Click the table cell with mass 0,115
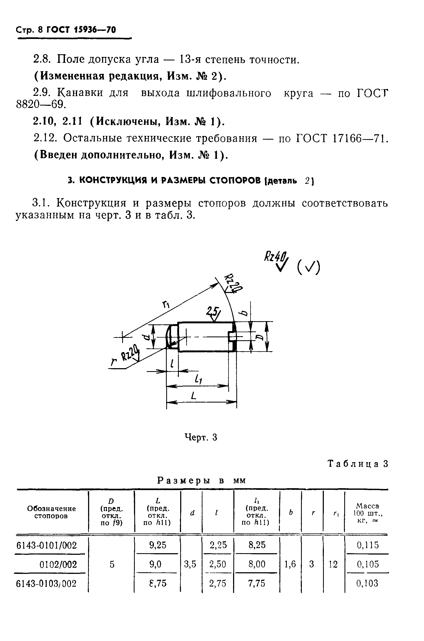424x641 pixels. (x=368, y=545)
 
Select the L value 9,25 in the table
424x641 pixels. (x=158, y=545)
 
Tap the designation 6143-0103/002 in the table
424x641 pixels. (x=46, y=584)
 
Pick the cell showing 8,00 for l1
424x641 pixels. (x=257, y=564)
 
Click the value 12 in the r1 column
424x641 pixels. (x=333, y=564)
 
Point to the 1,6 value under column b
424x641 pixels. (x=290, y=564)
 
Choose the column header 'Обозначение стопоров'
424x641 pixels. (x=51, y=512)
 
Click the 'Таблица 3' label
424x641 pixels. (x=358, y=464)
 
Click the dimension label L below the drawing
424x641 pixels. (x=193, y=397)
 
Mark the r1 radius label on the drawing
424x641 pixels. (x=165, y=305)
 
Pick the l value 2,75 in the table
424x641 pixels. (x=218, y=584)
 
